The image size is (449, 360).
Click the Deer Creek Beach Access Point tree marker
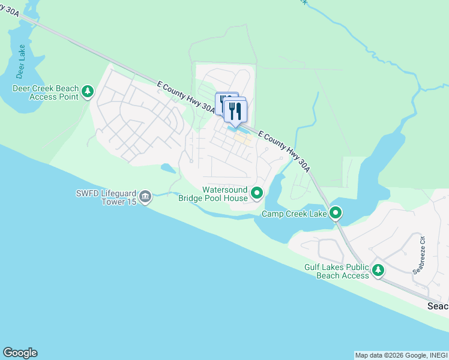click(88, 91)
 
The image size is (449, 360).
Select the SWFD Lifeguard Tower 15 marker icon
click(145, 196)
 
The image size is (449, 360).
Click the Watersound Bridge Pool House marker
click(257, 193)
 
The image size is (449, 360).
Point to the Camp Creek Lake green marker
click(336, 213)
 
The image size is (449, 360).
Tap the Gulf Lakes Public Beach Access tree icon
click(378, 270)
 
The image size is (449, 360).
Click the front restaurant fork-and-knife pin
click(236, 111)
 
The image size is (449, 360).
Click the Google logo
click(20, 353)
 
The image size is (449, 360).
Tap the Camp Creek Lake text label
click(294, 214)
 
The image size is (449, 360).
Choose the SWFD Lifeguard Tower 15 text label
click(106, 197)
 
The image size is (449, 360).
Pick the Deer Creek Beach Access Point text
click(46, 92)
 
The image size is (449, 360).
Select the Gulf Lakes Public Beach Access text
click(336, 271)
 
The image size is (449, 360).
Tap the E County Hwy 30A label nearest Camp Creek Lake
click(285, 152)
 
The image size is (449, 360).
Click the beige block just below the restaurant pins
click(243, 139)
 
